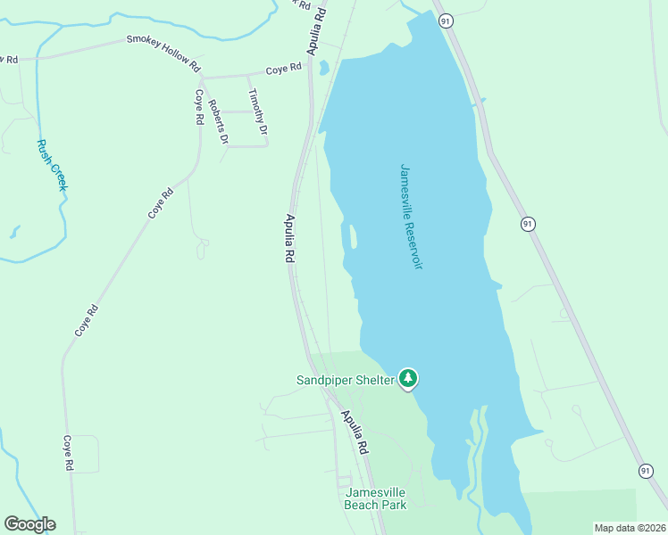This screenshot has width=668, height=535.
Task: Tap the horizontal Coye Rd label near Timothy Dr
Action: (x=284, y=68)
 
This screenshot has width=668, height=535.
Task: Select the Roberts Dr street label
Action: (x=218, y=122)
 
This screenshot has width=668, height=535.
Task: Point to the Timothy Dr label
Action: (x=257, y=111)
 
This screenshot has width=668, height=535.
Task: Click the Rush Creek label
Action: (x=52, y=165)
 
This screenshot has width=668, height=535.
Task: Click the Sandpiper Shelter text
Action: (x=345, y=380)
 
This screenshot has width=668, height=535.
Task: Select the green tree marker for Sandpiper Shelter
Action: (x=408, y=378)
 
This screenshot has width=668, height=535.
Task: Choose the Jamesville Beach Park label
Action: (x=375, y=498)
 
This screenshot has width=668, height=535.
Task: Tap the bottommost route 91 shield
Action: (x=645, y=470)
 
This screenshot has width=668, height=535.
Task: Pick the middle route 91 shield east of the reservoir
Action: (x=529, y=224)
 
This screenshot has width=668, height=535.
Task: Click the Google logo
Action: (x=29, y=524)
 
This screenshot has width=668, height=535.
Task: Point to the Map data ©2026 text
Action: (x=629, y=528)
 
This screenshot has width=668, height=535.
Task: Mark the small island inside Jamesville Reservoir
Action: (x=353, y=237)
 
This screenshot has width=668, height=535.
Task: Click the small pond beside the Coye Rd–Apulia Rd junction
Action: (x=324, y=68)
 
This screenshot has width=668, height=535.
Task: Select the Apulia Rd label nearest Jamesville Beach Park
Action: (x=354, y=433)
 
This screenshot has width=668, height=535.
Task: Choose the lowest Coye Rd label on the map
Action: (x=68, y=453)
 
